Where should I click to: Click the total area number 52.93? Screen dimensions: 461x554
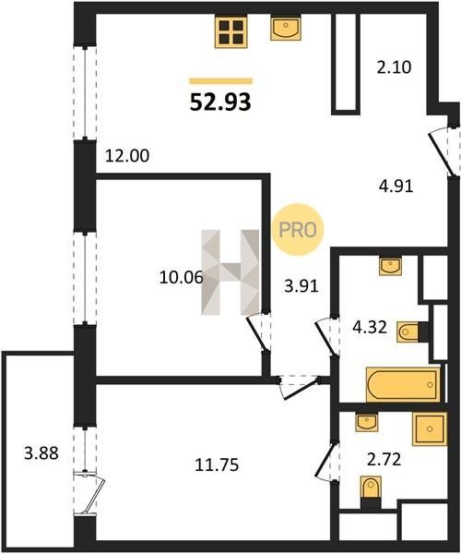[220, 102]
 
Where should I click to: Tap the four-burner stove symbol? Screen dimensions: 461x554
[231, 31]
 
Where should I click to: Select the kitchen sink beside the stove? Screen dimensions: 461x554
[286, 28]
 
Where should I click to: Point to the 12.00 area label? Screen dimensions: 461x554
[127, 156]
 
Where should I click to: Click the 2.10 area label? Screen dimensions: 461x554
[394, 67]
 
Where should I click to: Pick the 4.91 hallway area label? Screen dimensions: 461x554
[396, 187]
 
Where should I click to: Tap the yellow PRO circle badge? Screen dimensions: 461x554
[298, 230]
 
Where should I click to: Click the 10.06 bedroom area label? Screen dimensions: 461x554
[182, 277]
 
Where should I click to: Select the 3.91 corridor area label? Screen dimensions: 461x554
[301, 286]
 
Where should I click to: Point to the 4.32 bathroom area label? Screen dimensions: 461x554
[370, 328]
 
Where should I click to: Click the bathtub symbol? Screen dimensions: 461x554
[403, 384]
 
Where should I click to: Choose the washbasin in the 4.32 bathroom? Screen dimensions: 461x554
[390, 266]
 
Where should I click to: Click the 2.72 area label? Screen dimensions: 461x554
[384, 460]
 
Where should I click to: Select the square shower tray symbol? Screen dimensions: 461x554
[430, 429]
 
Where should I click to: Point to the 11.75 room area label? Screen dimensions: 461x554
[217, 465]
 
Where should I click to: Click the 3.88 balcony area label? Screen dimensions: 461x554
[41, 453]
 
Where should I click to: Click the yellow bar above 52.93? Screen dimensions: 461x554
[220, 81]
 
